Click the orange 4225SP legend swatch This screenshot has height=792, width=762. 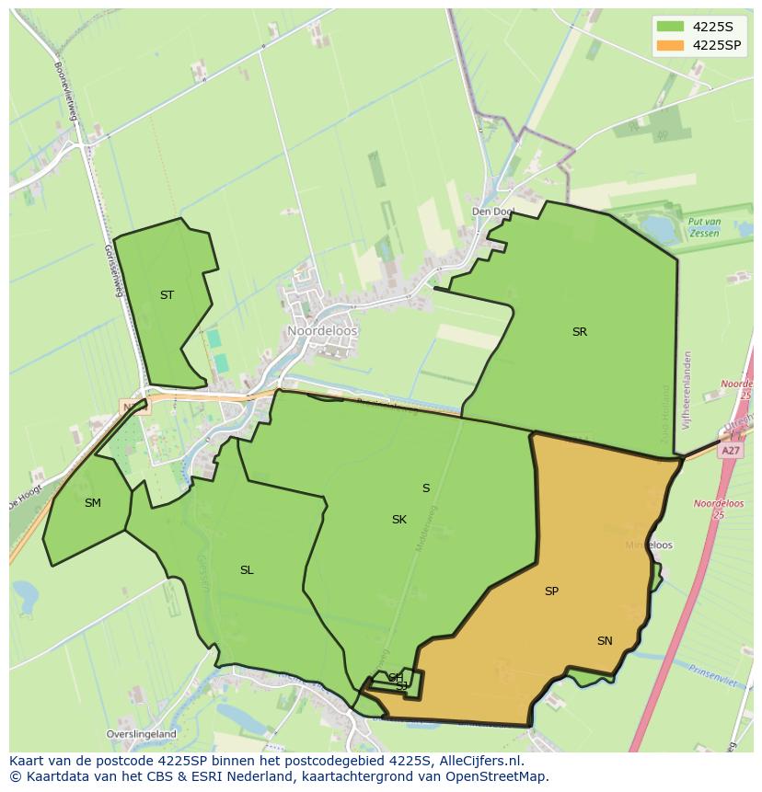671,45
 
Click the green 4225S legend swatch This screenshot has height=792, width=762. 671,26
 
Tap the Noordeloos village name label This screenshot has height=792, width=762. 322,331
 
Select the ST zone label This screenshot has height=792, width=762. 167,295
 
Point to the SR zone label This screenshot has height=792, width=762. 579,332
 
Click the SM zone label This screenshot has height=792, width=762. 92,503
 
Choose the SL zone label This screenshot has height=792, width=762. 247,570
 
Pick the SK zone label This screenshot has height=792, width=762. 398,520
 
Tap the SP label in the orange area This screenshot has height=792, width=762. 551,591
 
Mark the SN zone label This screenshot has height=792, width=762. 605,641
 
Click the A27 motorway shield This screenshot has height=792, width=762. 731,451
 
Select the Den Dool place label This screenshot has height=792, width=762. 492,212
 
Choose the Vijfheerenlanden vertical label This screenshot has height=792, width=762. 687,382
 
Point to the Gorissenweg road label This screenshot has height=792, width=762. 113,267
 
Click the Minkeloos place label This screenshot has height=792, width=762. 649,545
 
